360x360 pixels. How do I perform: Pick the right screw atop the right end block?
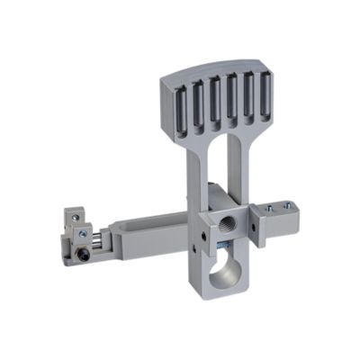pos(287,204)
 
